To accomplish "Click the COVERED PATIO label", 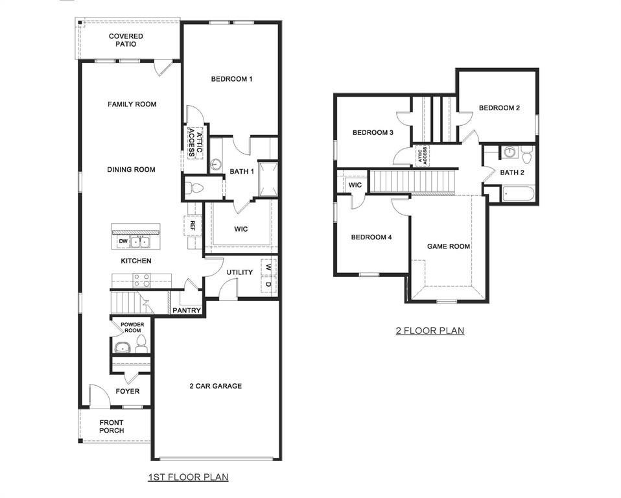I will (126, 40).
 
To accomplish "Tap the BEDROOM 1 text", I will (231, 79).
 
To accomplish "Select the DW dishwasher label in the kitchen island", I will (123, 242).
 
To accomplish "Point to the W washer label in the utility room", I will (268, 267).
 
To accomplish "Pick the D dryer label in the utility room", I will (268, 283).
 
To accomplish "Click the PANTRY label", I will (187, 311).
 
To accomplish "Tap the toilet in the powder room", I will (142, 344).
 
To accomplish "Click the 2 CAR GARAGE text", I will (215, 386).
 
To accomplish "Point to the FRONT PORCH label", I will (111, 426).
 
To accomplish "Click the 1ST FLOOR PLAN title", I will (188, 477).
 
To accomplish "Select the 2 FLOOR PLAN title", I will (430, 331).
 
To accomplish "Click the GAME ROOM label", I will (448, 246).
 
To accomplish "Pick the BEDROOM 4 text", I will (371, 237).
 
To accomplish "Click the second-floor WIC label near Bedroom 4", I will (355, 185).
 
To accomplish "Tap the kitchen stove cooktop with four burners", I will (142, 280).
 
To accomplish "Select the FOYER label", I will (128, 391).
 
